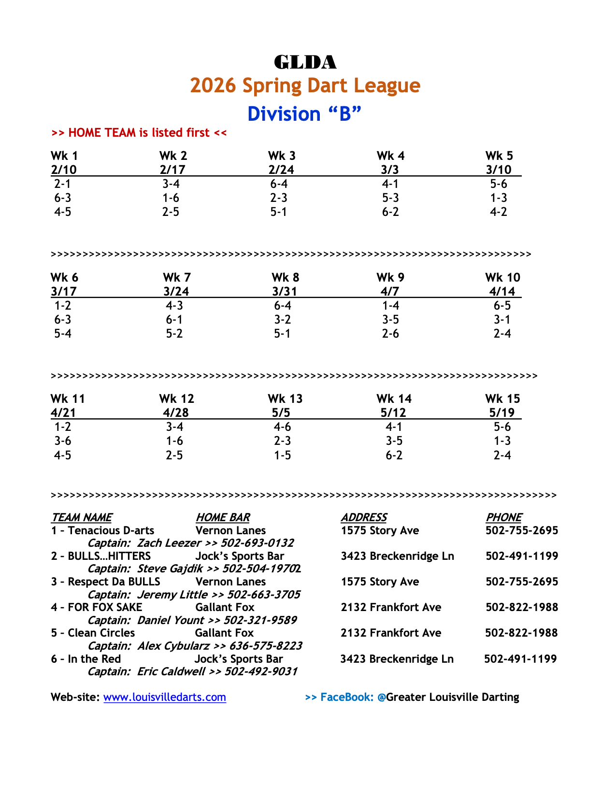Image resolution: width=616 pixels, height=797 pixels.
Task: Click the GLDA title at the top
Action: pyautogui.click(x=305, y=62)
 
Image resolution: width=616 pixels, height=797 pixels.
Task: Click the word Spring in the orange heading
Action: pyautogui.click(x=270, y=85)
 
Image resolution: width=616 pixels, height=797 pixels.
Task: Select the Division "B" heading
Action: pyautogui.click(x=304, y=114)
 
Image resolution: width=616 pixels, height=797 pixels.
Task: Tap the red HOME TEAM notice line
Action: pyautogui.click(x=139, y=132)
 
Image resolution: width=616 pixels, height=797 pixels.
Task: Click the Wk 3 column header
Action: pyautogui.click(x=282, y=156)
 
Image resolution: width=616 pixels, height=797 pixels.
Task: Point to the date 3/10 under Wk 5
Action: pyautogui.click(x=498, y=170)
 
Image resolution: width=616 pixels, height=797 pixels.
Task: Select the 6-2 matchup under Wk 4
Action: pyautogui.click(x=390, y=212)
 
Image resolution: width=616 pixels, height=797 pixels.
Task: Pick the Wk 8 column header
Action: pyautogui.click(x=285, y=277)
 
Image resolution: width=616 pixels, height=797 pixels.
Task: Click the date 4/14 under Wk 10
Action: pyautogui.click(x=502, y=291)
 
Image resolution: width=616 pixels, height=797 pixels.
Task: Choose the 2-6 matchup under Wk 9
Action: pyautogui.click(x=390, y=333)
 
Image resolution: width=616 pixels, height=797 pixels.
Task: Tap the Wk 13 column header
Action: pyautogui.click(x=285, y=398)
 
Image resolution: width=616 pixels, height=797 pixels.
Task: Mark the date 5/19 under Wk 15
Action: pyautogui.click(x=501, y=413)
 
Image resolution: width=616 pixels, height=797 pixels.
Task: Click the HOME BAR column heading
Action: pyautogui.click(x=223, y=517)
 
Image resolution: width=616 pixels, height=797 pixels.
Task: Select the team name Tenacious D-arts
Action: pyautogui.click(x=111, y=530)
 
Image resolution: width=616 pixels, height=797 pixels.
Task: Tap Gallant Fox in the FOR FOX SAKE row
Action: pyautogui.click(x=225, y=607)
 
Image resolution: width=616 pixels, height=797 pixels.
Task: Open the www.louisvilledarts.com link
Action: pyautogui.click(x=165, y=697)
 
